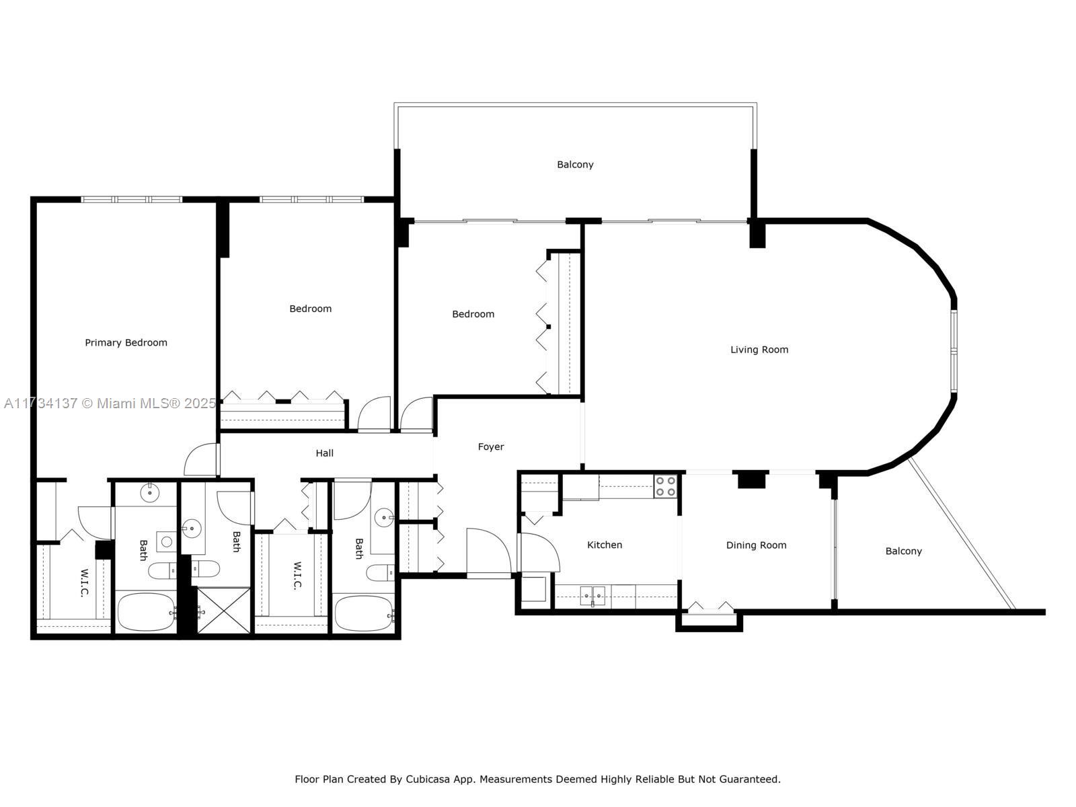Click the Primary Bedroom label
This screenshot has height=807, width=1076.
(126, 342)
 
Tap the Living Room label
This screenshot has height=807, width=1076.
(759, 349)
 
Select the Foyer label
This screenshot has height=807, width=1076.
(491, 447)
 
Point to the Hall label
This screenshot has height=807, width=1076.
(325, 453)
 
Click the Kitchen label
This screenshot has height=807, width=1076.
(605, 544)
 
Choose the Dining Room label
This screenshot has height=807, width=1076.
(756, 545)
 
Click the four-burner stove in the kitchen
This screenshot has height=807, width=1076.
(665, 486)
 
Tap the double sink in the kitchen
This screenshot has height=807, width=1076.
(592, 596)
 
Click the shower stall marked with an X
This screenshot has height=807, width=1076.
(223, 611)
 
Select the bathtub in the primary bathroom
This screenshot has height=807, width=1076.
(147, 613)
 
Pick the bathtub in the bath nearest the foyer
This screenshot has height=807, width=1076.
(364, 614)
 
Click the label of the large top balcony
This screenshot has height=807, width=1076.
(575, 165)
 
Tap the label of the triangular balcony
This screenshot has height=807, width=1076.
(903, 551)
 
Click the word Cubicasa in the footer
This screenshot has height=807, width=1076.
(428, 779)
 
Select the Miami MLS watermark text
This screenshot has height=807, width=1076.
(110, 403)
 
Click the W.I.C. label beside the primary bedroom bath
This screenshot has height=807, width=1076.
(84, 582)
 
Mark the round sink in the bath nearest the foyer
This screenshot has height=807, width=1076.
(384, 518)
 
